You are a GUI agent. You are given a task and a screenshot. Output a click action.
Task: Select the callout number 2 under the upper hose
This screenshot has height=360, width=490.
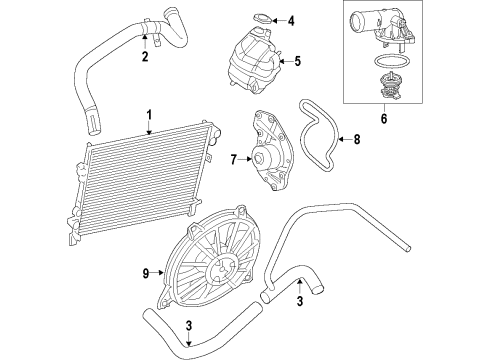(x=145, y=56)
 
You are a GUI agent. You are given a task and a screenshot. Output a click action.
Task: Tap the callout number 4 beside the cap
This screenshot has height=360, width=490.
(x=291, y=20)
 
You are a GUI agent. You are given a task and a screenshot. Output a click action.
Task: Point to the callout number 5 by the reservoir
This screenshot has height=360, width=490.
(x=296, y=61)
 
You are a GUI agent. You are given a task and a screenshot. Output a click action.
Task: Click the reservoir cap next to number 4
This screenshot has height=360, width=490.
(x=262, y=18)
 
